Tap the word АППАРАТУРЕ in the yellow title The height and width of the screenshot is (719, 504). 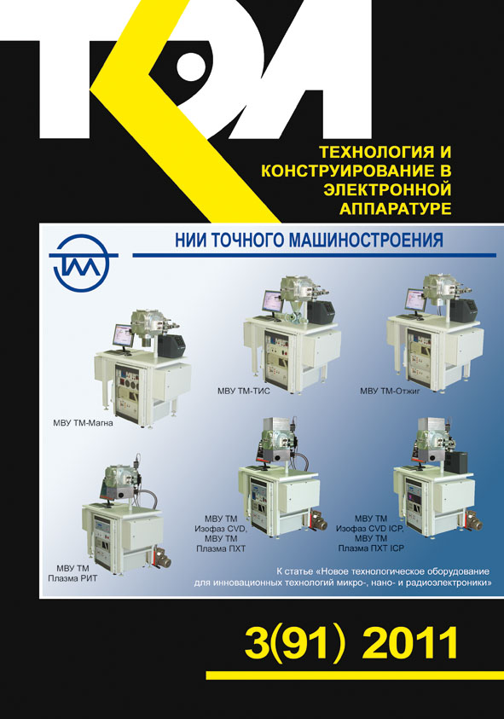click(396, 209)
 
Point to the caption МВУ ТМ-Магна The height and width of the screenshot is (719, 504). click(83, 423)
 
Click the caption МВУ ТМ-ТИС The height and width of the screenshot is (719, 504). click(244, 391)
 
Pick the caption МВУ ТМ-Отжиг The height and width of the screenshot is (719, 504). click(390, 391)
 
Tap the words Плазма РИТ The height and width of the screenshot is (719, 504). click(73, 578)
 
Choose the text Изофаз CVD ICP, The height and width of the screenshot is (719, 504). click(369, 529)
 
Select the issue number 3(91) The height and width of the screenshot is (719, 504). click(295, 643)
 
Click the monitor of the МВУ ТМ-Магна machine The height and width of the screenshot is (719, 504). click(123, 336)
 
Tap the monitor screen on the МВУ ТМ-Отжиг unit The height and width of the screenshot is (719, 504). click(415, 300)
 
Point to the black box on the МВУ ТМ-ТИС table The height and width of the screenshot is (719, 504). click(319, 312)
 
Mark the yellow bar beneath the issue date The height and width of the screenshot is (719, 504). click(355, 675)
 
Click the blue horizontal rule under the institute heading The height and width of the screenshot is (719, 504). click(314, 255)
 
